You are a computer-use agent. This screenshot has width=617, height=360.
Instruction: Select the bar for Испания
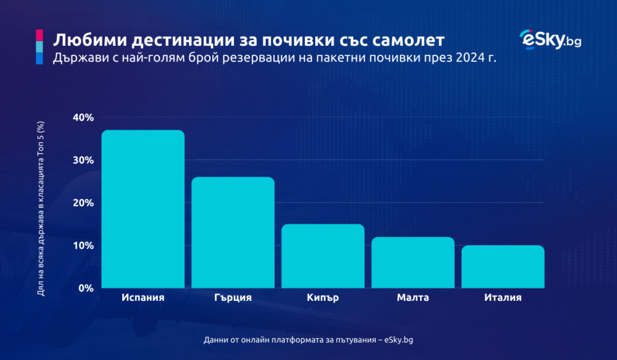tap(143, 209)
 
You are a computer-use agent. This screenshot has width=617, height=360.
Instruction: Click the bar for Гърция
tap(233, 232)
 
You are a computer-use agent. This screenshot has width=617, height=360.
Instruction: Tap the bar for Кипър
tap(323, 256)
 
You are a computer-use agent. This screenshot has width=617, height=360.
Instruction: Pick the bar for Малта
tap(413, 262)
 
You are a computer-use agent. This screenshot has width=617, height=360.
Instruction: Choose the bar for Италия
tap(503, 267)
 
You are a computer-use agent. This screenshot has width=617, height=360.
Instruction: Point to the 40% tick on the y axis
tap(83, 118)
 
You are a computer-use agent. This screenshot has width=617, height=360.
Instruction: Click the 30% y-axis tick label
tap(83, 160)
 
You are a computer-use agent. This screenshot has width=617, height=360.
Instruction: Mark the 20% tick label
tap(83, 203)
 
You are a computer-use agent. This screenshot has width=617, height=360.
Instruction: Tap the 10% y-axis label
tap(83, 245)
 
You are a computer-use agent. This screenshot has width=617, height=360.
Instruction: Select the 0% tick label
tap(86, 288)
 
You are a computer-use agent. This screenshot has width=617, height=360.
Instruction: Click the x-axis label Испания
tap(143, 298)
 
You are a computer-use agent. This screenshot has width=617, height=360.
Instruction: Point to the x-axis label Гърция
tap(233, 298)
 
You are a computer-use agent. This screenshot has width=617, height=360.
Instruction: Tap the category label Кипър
tap(323, 298)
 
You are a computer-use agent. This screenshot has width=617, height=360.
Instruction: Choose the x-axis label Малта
tap(413, 298)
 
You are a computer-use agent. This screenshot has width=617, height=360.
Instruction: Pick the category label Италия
tap(503, 298)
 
